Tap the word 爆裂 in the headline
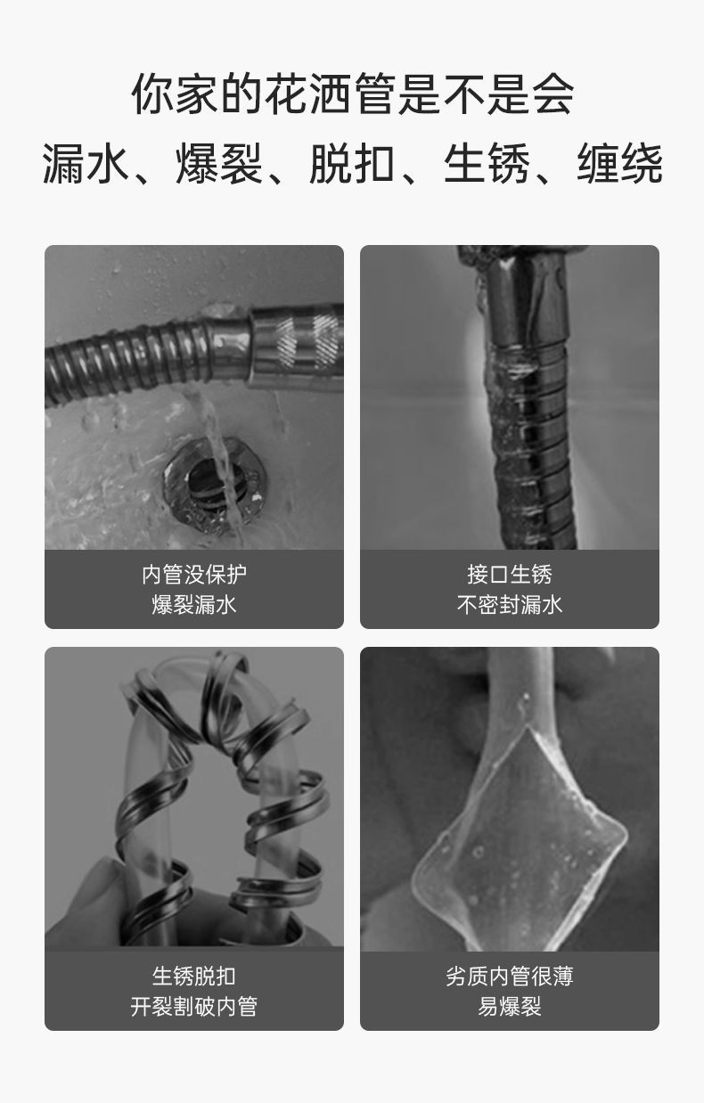pos(218,164)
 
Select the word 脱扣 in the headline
pos(352,164)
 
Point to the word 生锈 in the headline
pos(486,164)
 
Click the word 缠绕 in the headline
pos(619,164)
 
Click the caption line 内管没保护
pos(194,575)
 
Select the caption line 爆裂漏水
pos(194,605)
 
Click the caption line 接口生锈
pos(510,575)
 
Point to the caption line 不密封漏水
pos(510,605)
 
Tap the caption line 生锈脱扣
pos(194,976)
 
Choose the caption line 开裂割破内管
pos(194,1007)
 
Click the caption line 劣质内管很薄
pos(510,976)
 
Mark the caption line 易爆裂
pos(510,1007)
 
